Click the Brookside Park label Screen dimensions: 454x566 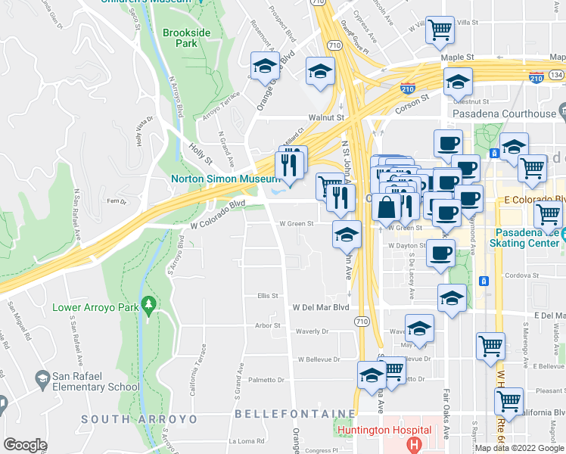180,39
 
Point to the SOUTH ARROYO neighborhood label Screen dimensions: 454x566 139,418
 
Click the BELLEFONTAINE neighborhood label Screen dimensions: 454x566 294,414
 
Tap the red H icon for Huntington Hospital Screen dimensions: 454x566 413,443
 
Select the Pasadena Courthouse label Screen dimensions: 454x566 504,113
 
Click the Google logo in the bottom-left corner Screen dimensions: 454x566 24,445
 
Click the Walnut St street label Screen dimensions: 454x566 326,118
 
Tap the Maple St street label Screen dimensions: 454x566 459,57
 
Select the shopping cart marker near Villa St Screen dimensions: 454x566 440,30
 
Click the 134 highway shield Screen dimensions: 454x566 557,75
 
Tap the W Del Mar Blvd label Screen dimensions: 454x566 321,308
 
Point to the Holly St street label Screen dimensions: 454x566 201,154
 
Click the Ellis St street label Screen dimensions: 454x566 268,296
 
